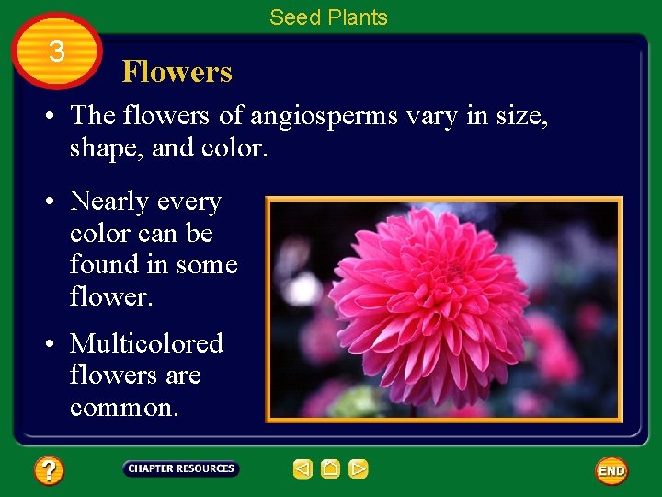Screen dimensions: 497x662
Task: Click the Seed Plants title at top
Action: click(x=328, y=17)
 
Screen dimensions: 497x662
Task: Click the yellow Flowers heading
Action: click(x=177, y=72)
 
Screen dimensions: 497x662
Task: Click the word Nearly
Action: click(x=109, y=202)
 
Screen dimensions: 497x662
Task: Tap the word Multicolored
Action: click(x=147, y=344)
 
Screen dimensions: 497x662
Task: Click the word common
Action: click(x=123, y=408)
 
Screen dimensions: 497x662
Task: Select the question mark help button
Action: click(x=49, y=471)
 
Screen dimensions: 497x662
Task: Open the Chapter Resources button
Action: click(x=181, y=469)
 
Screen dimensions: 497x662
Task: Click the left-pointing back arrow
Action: click(x=302, y=469)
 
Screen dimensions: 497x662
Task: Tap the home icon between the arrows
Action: click(x=330, y=469)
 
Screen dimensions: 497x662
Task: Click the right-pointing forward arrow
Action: click(x=359, y=469)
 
